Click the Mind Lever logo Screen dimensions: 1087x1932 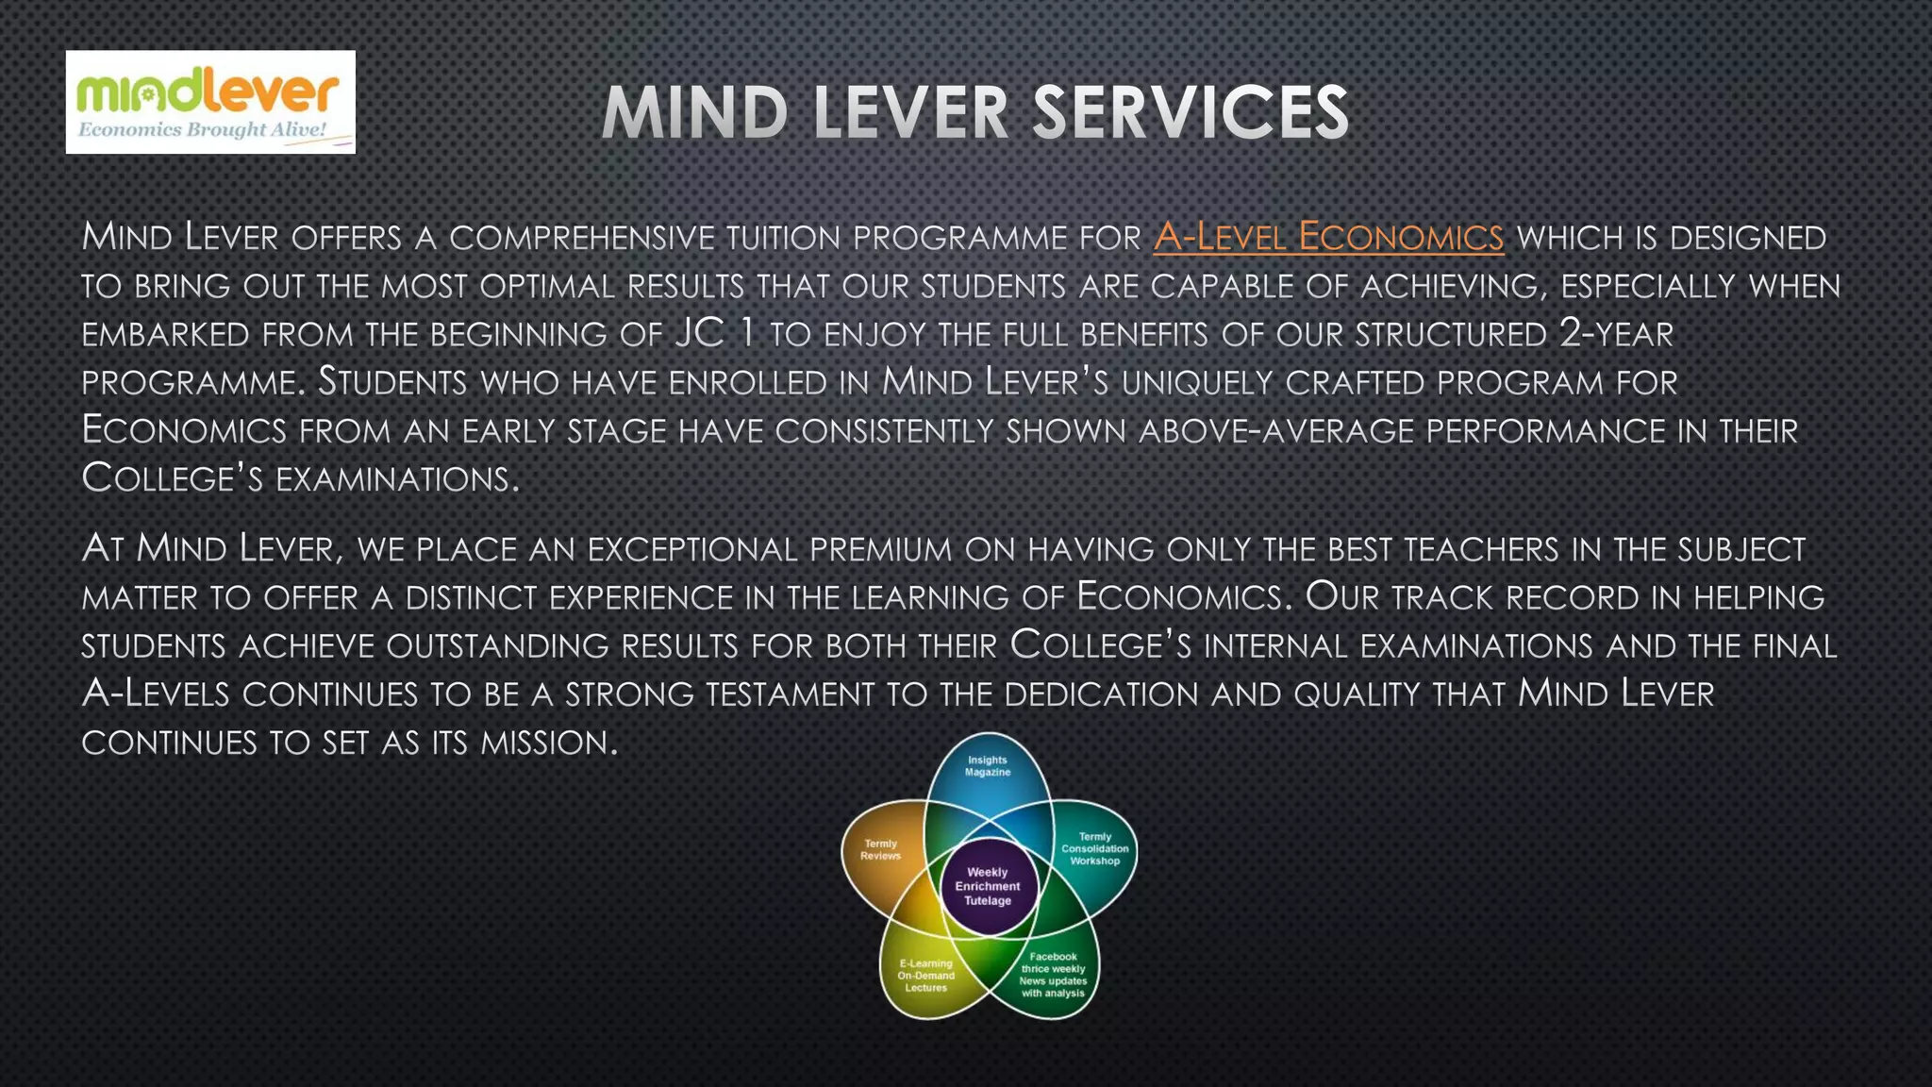[x=209, y=101]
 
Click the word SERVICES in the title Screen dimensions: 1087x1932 [x=1190, y=113]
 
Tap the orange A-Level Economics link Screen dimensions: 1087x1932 [x=1327, y=237]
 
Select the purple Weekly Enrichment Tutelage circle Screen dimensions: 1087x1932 [x=988, y=887]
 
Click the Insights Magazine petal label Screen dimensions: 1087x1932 [x=987, y=766]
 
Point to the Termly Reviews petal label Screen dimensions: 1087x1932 [x=880, y=850]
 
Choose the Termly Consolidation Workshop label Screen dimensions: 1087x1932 [x=1094, y=849]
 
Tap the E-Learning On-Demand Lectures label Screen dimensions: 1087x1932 [x=925, y=976]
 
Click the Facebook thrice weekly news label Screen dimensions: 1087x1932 [x=1053, y=975]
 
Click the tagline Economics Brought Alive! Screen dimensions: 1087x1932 [x=202, y=130]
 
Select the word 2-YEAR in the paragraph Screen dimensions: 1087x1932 [x=1616, y=334]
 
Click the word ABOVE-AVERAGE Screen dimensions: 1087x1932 [x=1276, y=431]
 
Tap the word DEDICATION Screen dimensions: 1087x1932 [x=1101, y=694]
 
